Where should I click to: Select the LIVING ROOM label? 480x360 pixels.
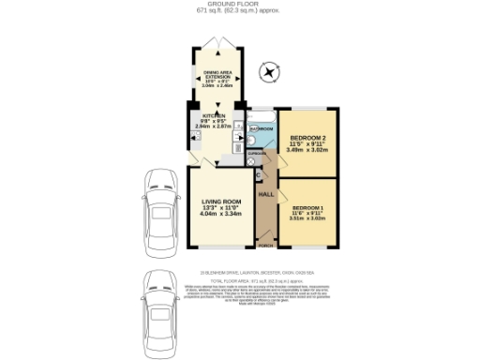click(220, 202)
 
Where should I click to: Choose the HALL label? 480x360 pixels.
click(265, 194)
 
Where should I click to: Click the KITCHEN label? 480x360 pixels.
click(212, 115)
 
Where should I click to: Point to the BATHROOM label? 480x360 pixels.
click(262, 128)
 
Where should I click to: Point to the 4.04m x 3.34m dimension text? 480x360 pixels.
click(220, 215)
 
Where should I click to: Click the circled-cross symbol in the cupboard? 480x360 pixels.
click(250, 160)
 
